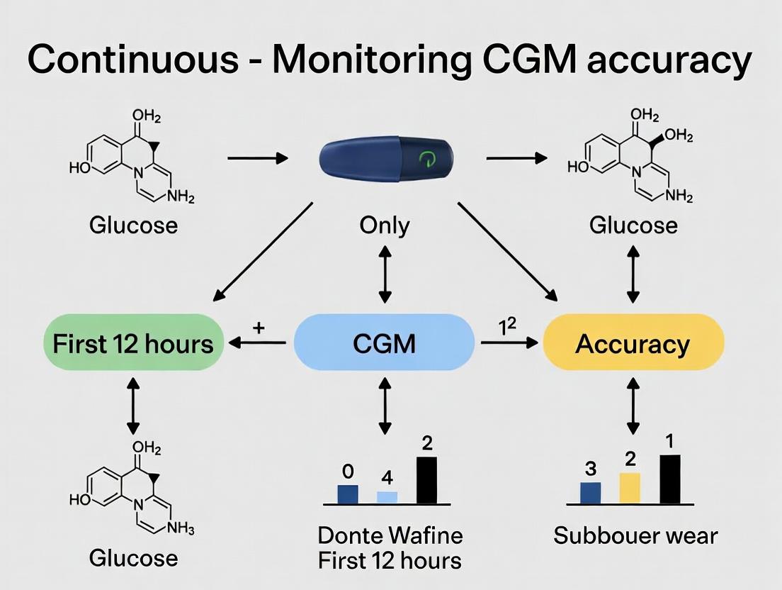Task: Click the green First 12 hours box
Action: click(x=132, y=343)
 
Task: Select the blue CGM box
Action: click(x=384, y=343)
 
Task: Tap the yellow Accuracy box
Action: click(x=633, y=343)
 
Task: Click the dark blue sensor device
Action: click(x=386, y=160)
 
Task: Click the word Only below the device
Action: click(x=384, y=226)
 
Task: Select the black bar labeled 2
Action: click(x=426, y=480)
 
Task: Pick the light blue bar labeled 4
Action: click(x=387, y=496)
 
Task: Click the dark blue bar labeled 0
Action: click(x=348, y=494)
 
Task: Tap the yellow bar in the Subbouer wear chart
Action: click(x=630, y=488)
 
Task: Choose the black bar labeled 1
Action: click(x=670, y=479)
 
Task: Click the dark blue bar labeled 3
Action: click(x=590, y=492)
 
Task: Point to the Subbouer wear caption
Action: click(x=635, y=535)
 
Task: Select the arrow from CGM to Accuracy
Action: click(x=509, y=343)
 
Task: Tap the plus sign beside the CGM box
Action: click(x=259, y=328)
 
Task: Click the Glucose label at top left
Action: click(x=133, y=226)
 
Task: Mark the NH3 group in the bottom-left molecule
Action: click(x=179, y=528)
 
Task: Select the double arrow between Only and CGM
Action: click(x=384, y=273)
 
